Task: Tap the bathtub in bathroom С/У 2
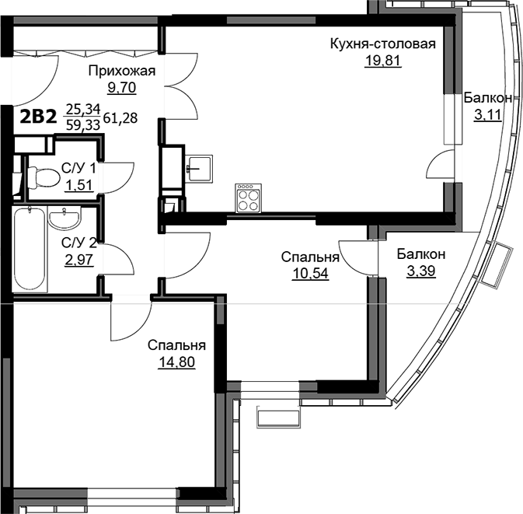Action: coord(30,250)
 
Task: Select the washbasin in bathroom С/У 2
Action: coord(65,219)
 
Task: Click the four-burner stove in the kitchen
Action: coord(249,198)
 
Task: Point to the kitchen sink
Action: coord(199,170)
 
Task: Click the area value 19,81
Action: coord(383,61)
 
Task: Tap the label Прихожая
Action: coord(122,71)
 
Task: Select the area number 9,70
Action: coord(121,88)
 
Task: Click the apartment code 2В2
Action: coord(38,117)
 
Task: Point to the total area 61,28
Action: coord(120,118)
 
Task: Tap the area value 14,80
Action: coord(176,362)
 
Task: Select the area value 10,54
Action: coord(311,274)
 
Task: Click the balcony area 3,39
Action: coord(421,271)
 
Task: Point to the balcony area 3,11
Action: coord(488,116)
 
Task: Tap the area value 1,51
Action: coord(79,185)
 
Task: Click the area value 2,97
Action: coord(79,260)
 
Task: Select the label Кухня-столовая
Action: coord(383,44)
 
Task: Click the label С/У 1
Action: coord(78,169)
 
